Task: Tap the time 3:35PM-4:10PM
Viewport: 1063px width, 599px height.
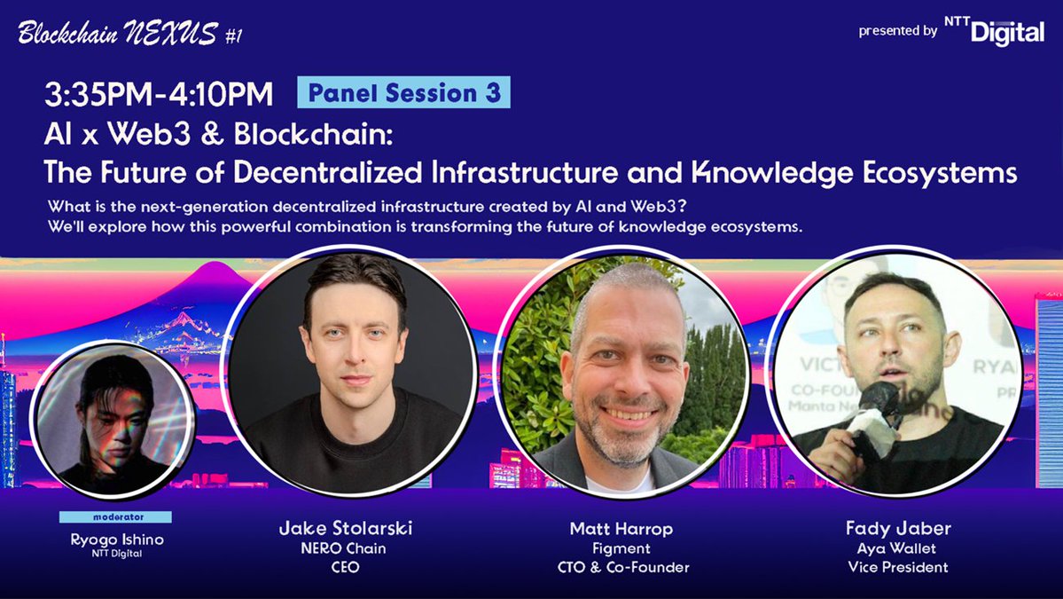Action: [x=159, y=93]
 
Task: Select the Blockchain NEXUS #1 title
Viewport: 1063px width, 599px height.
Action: [x=129, y=35]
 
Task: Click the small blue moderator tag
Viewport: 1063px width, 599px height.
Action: [x=115, y=516]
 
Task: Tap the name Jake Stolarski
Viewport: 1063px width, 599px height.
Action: [x=345, y=529]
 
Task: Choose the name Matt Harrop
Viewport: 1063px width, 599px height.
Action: [x=621, y=529]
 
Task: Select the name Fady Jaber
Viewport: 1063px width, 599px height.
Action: [x=898, y=529]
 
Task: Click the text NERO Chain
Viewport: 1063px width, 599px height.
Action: [x=345, y=548]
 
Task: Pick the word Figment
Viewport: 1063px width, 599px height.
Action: [x=621, y=548]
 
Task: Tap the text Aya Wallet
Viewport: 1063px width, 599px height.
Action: [x=898, y=548]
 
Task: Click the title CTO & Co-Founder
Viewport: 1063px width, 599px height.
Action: [x=621, y=567]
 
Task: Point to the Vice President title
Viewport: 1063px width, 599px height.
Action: [x=898, y=567]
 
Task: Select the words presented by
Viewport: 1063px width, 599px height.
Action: [x=897, y=31]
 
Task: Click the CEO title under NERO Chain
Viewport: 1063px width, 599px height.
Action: [x=345, y=567]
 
